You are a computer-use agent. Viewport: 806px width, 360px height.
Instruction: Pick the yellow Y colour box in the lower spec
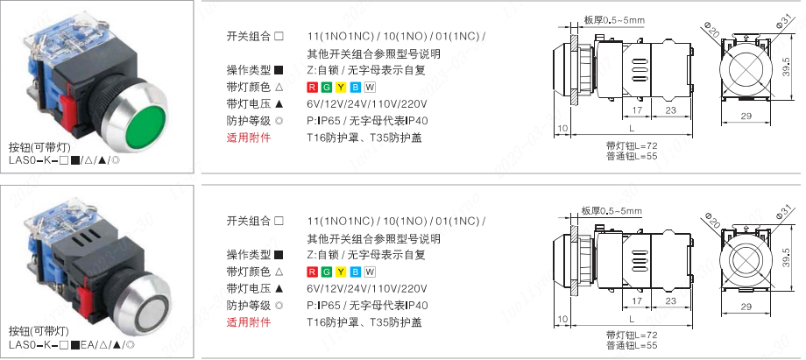341,272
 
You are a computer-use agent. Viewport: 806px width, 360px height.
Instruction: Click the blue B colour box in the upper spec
355,87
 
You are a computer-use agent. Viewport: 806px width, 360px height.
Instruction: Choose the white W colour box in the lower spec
370,272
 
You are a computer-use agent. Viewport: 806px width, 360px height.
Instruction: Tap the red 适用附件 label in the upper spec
248,138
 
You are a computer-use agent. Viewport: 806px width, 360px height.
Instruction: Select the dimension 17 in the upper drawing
637,110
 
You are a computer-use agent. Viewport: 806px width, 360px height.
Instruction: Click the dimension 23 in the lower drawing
671,301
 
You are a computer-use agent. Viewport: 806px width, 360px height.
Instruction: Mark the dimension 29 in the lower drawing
746,307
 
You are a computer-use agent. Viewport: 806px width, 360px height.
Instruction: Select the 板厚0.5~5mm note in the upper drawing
614,20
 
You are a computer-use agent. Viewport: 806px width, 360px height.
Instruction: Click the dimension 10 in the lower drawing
562,320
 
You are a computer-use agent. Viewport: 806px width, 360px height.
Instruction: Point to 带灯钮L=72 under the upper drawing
632,145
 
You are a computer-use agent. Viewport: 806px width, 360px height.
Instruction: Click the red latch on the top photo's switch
67,112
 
